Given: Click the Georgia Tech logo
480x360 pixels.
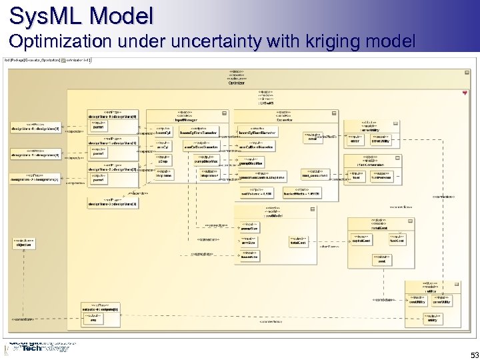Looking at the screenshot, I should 38,347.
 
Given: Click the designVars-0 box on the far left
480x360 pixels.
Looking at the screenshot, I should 35,127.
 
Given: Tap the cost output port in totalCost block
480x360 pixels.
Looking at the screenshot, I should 381,259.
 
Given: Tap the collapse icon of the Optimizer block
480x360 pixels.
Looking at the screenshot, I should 464,92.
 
